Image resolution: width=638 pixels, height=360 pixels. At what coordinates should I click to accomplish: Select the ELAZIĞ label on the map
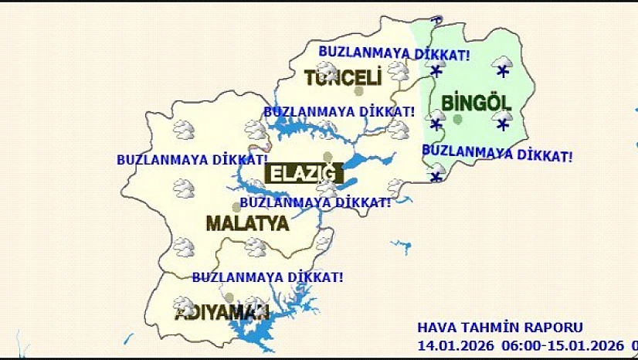tap(303, 173)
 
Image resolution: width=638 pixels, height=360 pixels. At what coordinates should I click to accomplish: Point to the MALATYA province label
tap(247, 224)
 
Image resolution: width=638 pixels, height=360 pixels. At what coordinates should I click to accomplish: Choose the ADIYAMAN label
tap(221, 314)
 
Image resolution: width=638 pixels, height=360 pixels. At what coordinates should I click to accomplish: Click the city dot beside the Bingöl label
tap(458, 119)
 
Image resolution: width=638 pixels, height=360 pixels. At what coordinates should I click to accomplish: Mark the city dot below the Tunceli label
tap(358, 91)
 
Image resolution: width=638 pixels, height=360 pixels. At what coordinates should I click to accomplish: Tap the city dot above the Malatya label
tap(236, 206)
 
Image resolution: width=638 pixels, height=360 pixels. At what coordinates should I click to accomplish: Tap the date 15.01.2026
tap(589, 343)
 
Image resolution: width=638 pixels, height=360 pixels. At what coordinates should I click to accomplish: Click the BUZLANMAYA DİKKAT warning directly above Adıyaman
tap(267, 276)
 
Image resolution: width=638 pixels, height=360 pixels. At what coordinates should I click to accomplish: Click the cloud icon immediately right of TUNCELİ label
tap(399, 71)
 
